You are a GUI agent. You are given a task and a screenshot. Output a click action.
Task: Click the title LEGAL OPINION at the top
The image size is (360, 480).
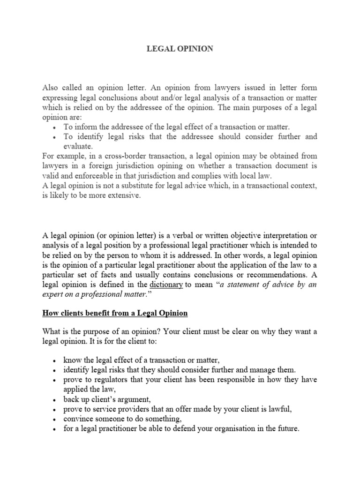point(180,49)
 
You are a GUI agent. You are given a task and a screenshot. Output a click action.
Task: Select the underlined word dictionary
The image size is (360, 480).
point(166,285)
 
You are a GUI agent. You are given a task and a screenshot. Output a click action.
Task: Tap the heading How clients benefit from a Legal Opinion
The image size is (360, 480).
point(115,314)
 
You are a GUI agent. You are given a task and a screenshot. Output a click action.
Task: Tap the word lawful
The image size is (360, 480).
point(278,409)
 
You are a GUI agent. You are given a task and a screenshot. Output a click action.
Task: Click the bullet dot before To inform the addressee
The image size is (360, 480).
point(55,127)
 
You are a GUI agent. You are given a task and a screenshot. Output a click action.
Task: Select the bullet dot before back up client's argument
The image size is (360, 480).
point(55,399)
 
